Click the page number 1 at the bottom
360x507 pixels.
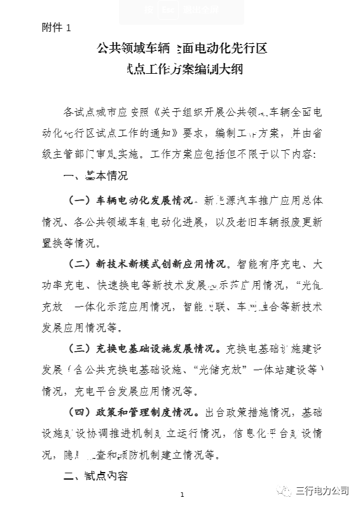(182, 494)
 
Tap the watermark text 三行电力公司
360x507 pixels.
(322, 490)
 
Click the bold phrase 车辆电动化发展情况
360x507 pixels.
(144, 200)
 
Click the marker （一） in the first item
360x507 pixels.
(81, 200)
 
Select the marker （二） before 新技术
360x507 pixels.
(81, 263)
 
